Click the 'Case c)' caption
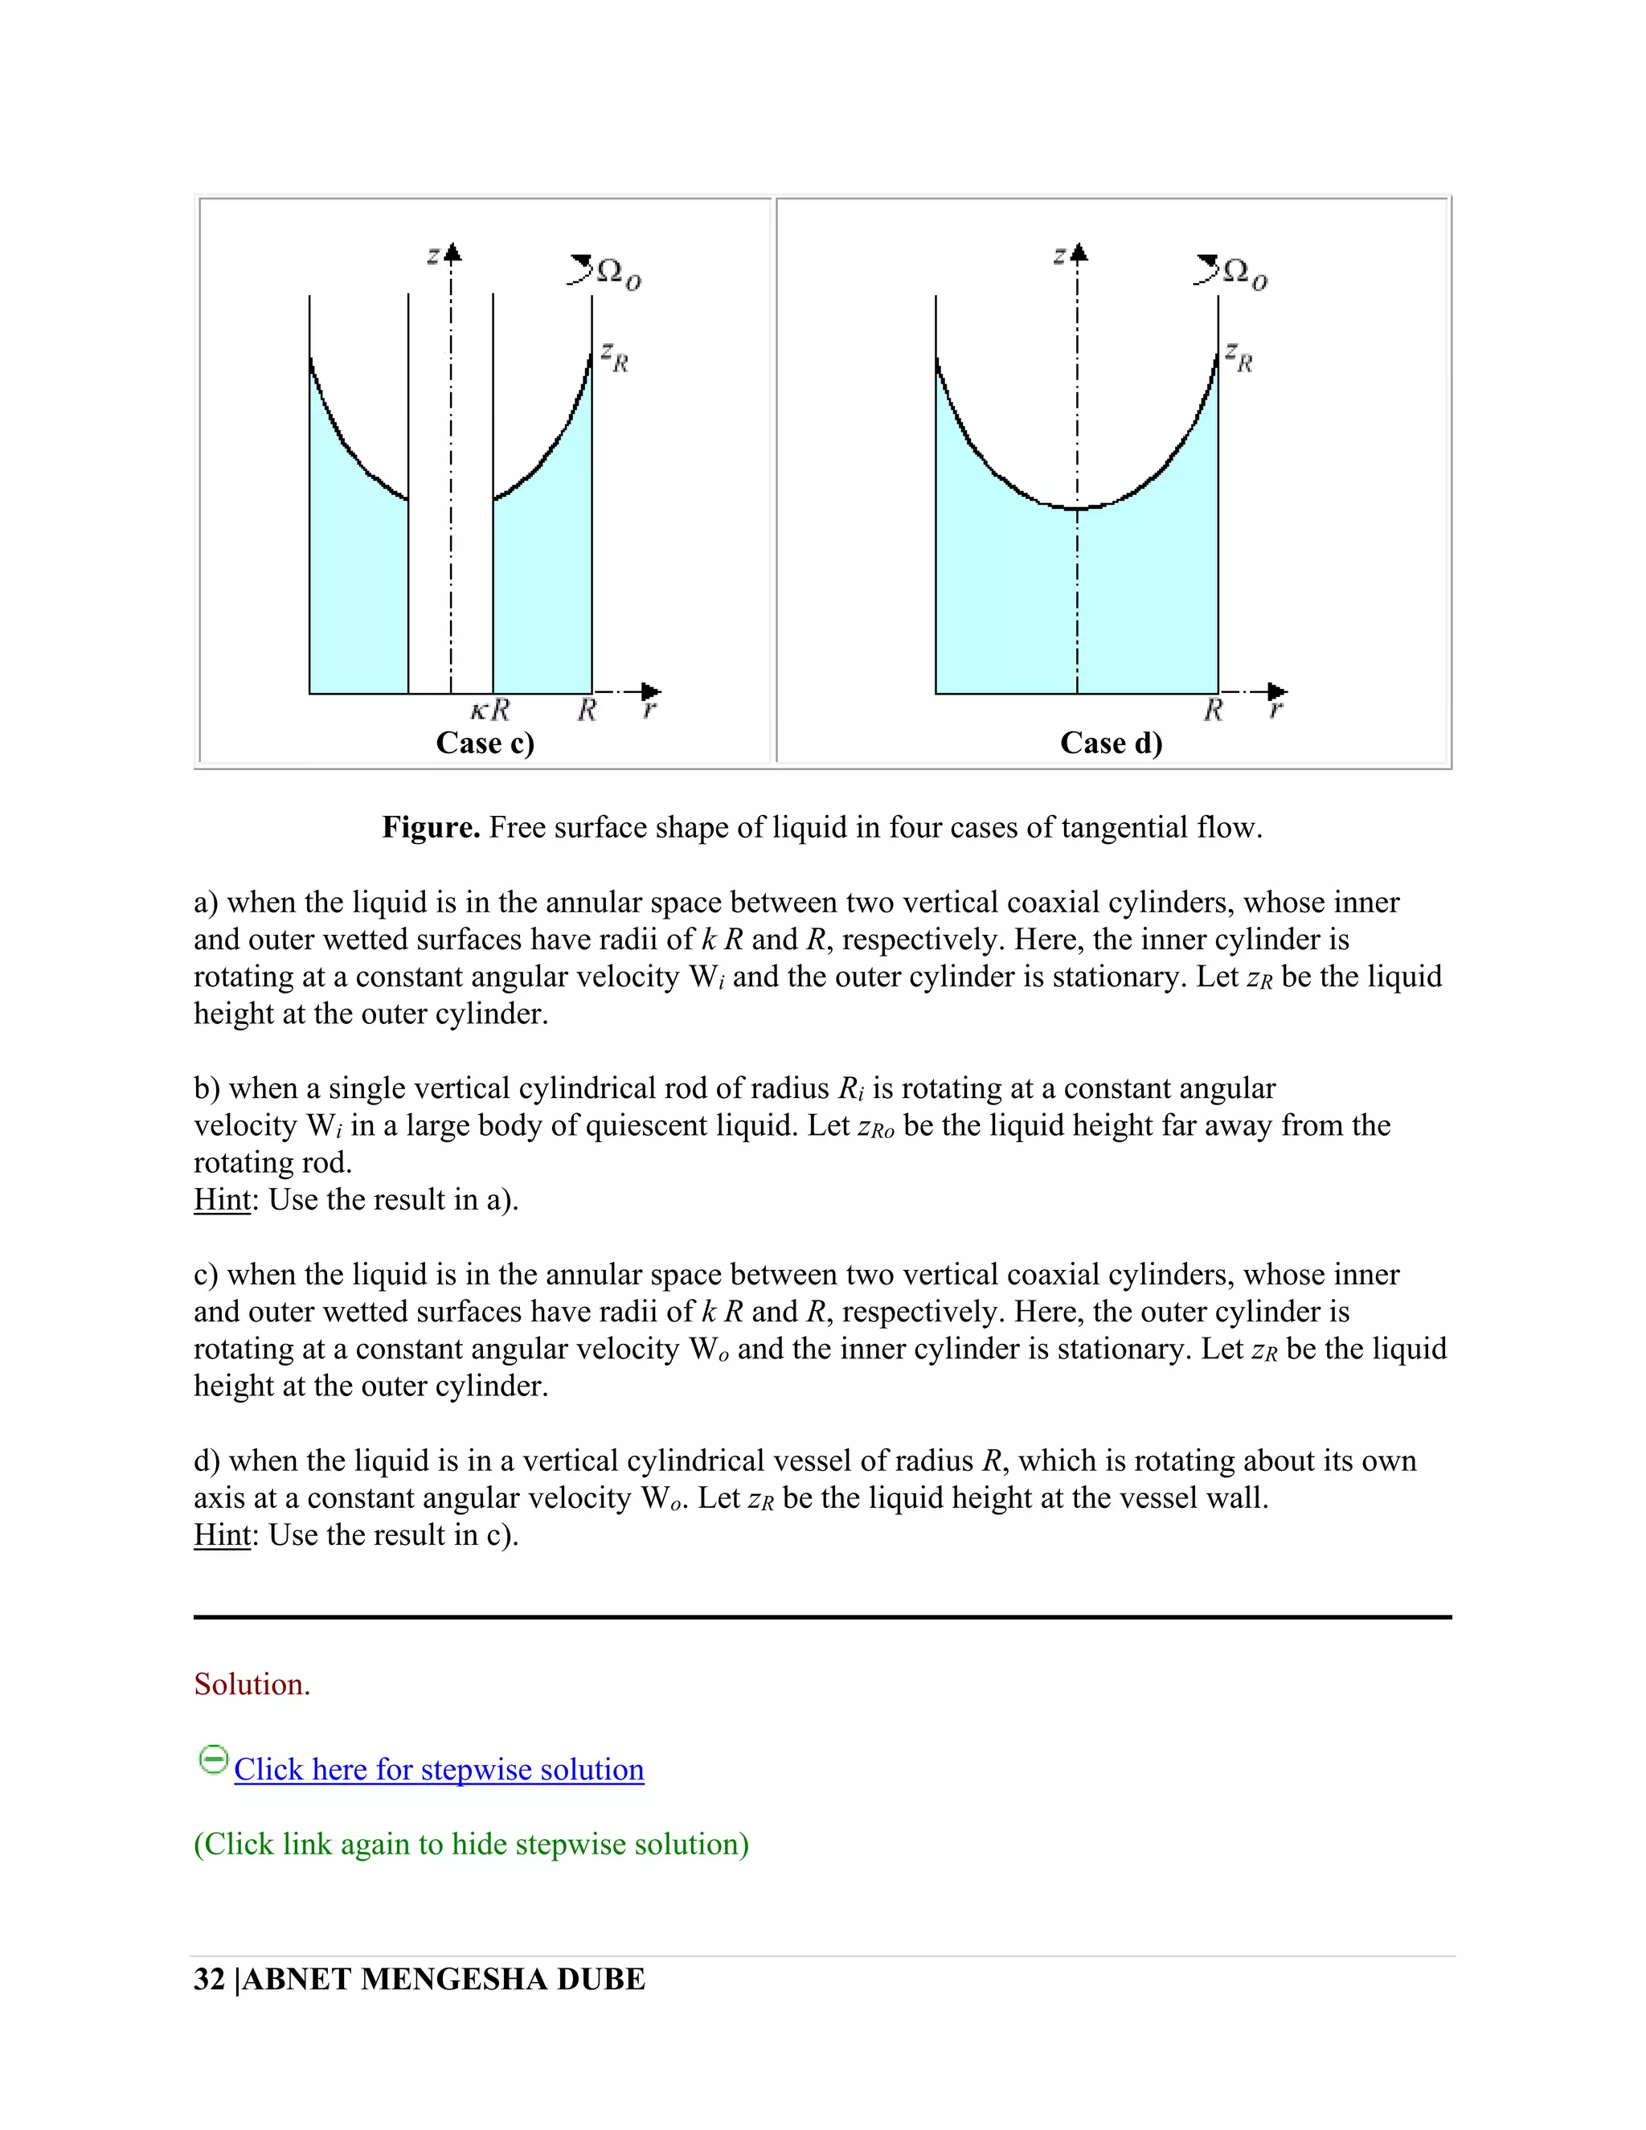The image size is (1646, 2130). click(x=485, y=743)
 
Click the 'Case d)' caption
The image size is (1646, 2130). click(x=1111, y=743)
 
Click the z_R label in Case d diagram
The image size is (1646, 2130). click(x=1239, y=358)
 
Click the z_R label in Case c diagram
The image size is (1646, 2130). click(x=614, y=358)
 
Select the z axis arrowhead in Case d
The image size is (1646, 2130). click(x=1078, y=253)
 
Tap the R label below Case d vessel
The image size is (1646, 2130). click(x=1213, y=710)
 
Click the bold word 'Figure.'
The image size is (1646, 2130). click(x=430, y=828)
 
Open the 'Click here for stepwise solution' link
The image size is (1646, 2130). click(x=439, y=1769)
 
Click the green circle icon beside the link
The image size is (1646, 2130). click(x=212, y=1760)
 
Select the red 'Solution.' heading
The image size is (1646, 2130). click(x=252, y=1684)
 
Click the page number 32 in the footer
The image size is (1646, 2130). click(x=210, y=1979)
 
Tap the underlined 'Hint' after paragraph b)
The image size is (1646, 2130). click(x=223, y=1199)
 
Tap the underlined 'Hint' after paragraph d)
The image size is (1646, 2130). click(x=223, y=1535)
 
